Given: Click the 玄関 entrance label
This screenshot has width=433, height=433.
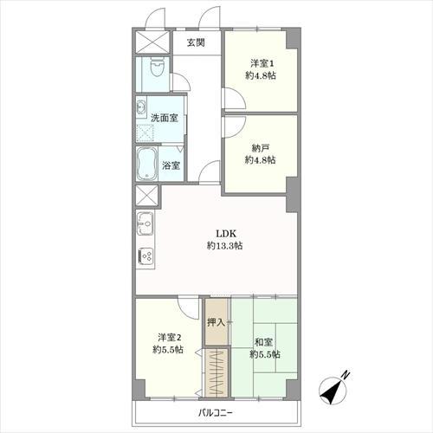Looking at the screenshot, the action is click(x=196, y=42).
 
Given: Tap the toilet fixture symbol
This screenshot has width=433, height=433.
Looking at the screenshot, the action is click(x=158, y=68).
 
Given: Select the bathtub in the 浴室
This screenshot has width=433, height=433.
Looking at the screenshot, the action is click(x=147, y=164).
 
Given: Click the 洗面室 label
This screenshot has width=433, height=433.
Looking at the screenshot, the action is click(x=165, y=118).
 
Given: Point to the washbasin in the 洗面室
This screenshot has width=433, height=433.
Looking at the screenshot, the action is click(x=141, y=107).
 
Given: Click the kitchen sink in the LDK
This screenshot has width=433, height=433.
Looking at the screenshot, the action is click(x=145, y=223).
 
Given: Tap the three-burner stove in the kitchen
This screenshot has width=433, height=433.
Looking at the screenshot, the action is click(x=146, y=256).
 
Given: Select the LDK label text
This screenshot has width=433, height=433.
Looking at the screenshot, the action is click(x=227, y=233).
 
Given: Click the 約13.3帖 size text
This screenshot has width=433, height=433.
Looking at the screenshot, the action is click(x=224, y=246).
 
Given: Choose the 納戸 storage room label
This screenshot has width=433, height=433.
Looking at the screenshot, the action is click(x=261, y=148).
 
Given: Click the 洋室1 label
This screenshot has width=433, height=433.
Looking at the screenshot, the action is click(x=262, y=63).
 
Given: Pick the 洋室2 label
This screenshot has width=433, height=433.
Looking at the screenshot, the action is click(x=170, y=337).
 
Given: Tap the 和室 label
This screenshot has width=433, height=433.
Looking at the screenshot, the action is click(x=263, y=343).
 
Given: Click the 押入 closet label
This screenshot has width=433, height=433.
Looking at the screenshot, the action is click(x=216, y=322).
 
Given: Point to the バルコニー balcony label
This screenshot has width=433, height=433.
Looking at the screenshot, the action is click(x=216, y=413).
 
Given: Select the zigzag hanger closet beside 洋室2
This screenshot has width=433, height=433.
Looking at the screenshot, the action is click(x=216, y=373).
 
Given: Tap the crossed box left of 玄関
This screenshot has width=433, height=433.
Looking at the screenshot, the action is click(x=152, y=42).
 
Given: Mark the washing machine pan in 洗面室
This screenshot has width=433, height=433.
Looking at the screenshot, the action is click(x=145, y=133).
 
